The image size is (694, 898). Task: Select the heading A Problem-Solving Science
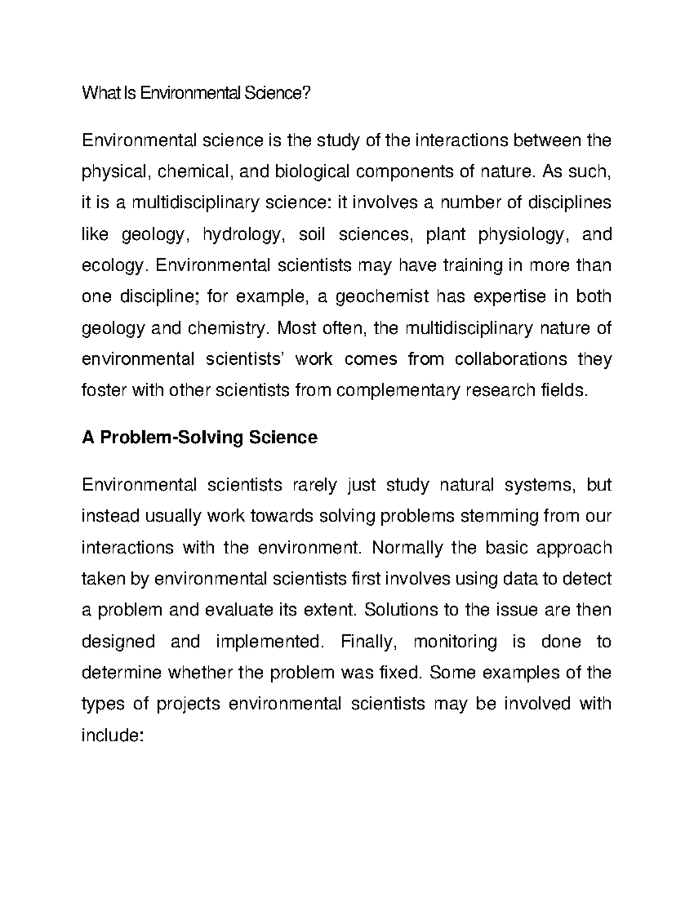pyautogui.click(x=200, y=437)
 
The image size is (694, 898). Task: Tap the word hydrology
pyautogui.click(x=243, y=235)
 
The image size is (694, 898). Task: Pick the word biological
pyautogui.click(x=312, y=172)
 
